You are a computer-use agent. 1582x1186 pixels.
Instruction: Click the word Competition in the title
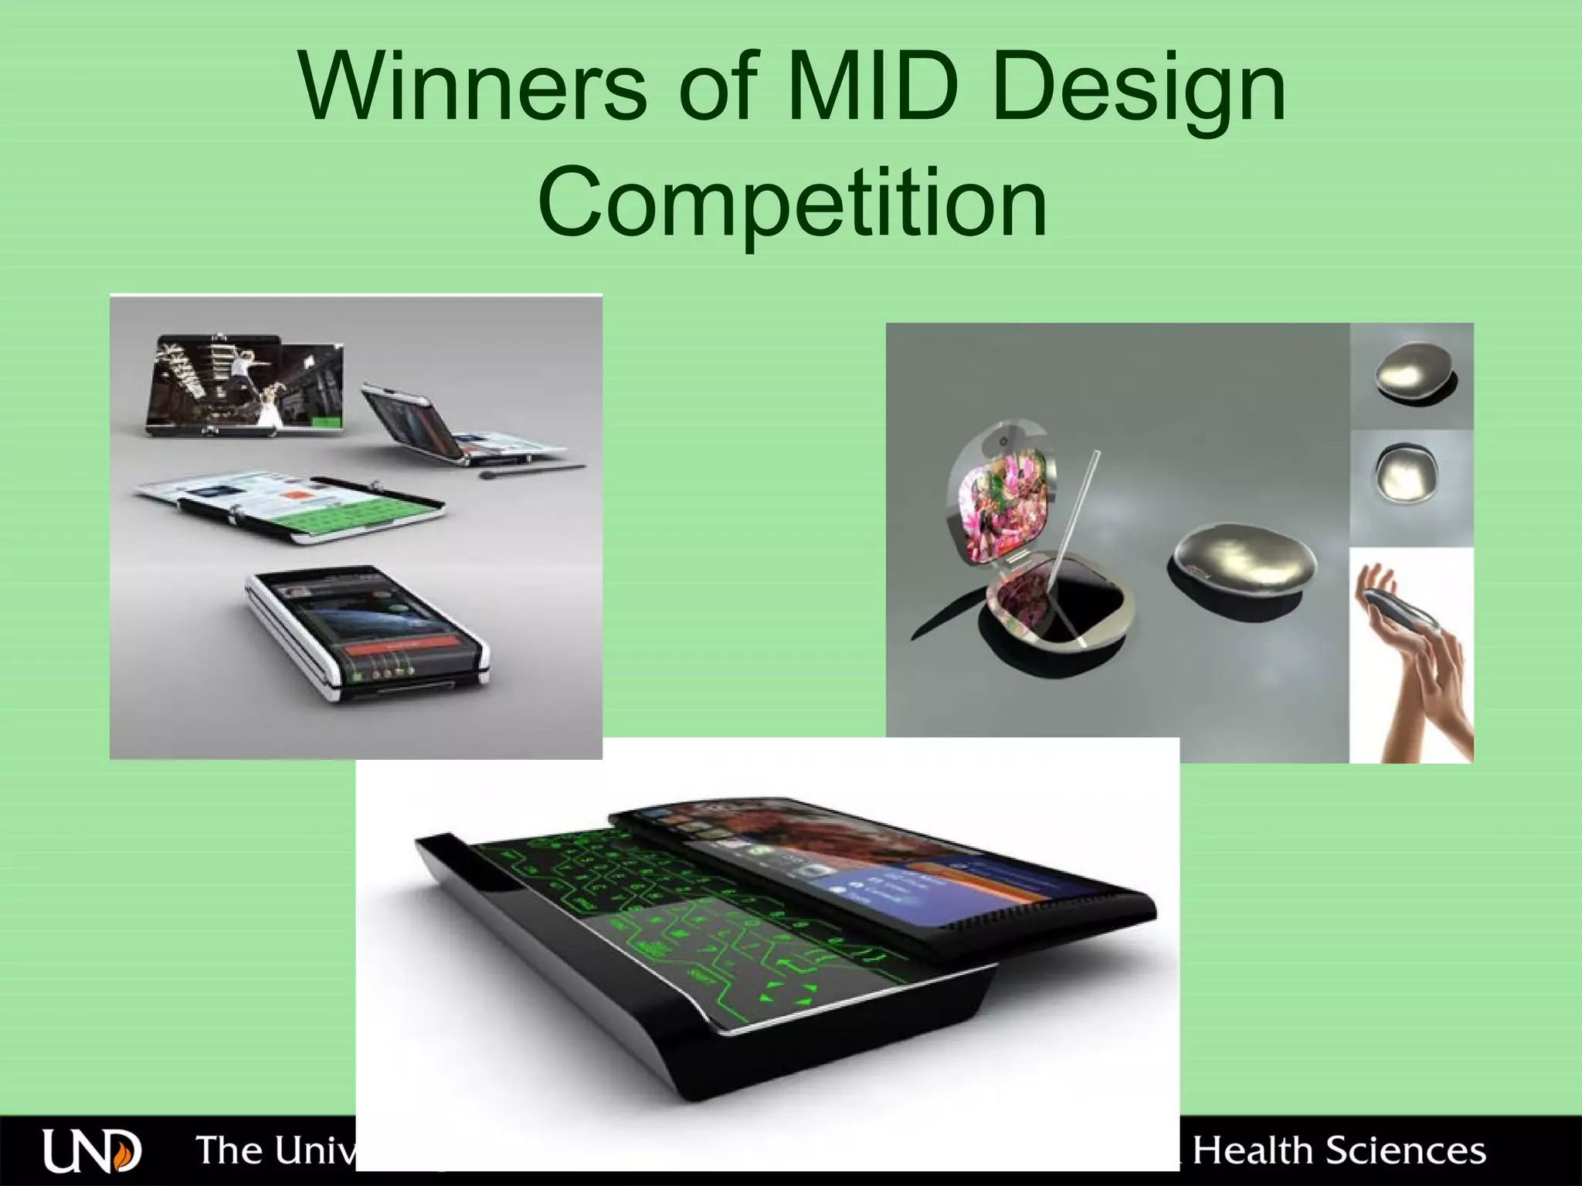pyautogui.click(x=792, y=205)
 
